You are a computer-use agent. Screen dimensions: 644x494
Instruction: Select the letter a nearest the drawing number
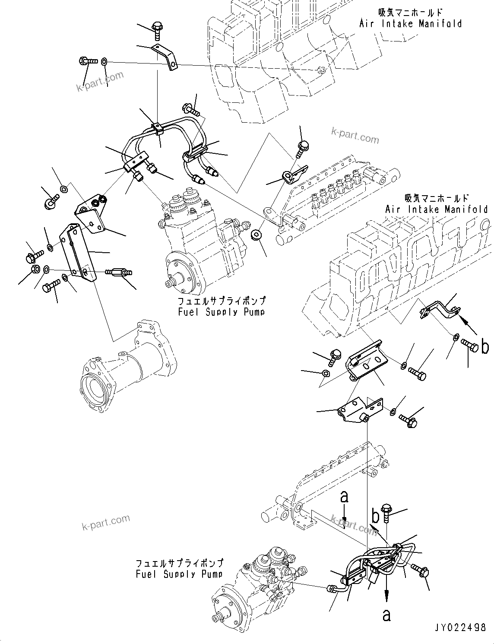[386, 615]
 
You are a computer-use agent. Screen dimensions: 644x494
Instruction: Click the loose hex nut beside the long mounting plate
[35, 270]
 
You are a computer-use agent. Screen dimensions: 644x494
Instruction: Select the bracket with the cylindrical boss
[359, 410]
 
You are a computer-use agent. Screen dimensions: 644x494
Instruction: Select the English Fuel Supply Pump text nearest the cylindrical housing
[222, 311]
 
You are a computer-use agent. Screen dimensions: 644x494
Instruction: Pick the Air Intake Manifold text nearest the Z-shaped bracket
[436, 209]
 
